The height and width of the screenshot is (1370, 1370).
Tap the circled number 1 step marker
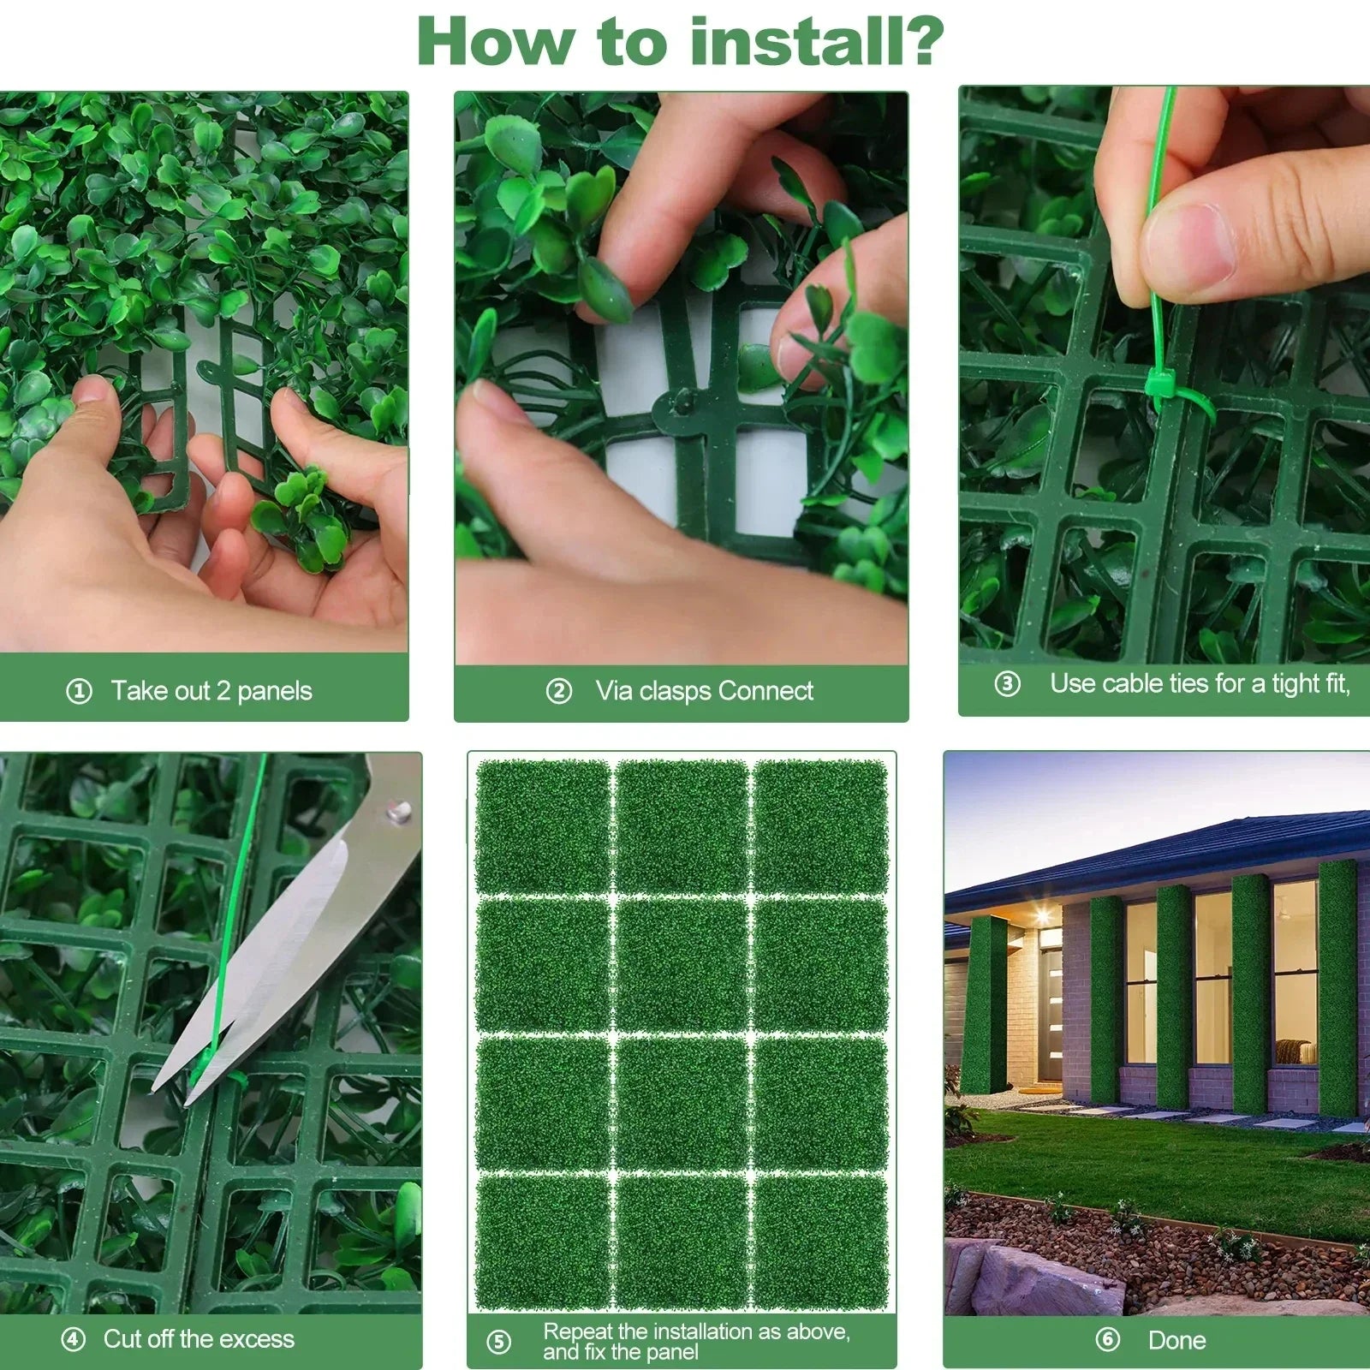tap(79, 691)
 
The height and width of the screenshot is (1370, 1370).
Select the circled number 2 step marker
tap(558, 691)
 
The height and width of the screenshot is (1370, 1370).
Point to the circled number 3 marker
tap(1007, 684)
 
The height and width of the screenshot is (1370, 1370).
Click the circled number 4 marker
tap(74, 1339)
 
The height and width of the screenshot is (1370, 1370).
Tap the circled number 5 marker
tap(498, 1342)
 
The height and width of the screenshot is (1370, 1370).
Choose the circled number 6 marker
tap(1107, 1339)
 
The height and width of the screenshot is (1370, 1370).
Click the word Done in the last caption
tap(1176, 1340)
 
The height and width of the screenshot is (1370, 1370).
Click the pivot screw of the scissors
tap(397, 809)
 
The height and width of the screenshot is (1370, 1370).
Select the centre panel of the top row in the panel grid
tap(682, 826)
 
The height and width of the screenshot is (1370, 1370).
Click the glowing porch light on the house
tap(1042, 915)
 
